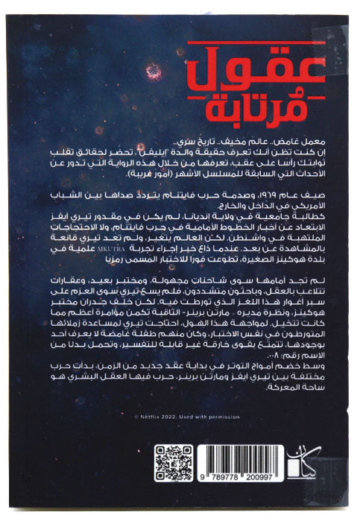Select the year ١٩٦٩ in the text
tap(277, 193)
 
